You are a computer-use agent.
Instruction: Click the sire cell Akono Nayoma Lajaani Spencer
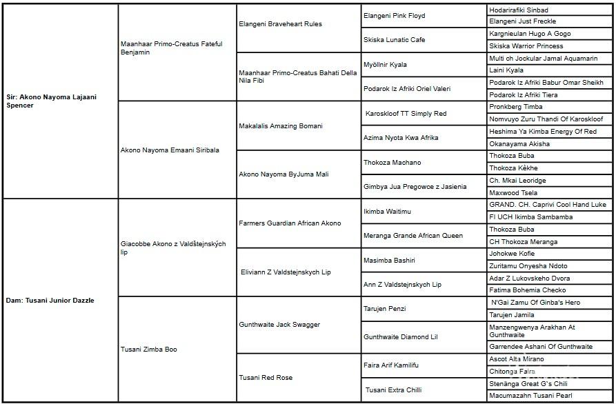(52, 101)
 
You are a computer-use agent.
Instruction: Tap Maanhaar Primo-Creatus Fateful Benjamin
(171, 48)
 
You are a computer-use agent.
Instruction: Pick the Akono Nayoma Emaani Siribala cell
(170, 150)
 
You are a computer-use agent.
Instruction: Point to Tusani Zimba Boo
(149, 350)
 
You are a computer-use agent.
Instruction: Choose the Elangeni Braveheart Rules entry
(280, 24)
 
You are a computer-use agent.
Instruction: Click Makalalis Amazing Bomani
(281, 126)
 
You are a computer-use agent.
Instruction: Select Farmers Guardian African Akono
(290, 223)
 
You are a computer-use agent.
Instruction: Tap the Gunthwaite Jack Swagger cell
(279, 325)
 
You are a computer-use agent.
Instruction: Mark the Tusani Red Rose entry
(266, 378)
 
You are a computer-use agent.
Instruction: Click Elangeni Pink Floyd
(395, 16)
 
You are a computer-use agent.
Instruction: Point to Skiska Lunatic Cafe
(395, 40)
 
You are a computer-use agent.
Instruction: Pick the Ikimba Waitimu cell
(387, 212)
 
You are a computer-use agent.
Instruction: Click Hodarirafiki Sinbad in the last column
(519, 10)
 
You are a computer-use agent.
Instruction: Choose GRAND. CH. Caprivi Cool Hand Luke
(548, 205)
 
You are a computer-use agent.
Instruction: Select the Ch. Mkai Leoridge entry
(517, 181)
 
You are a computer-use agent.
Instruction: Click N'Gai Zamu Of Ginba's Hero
(535, 303)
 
